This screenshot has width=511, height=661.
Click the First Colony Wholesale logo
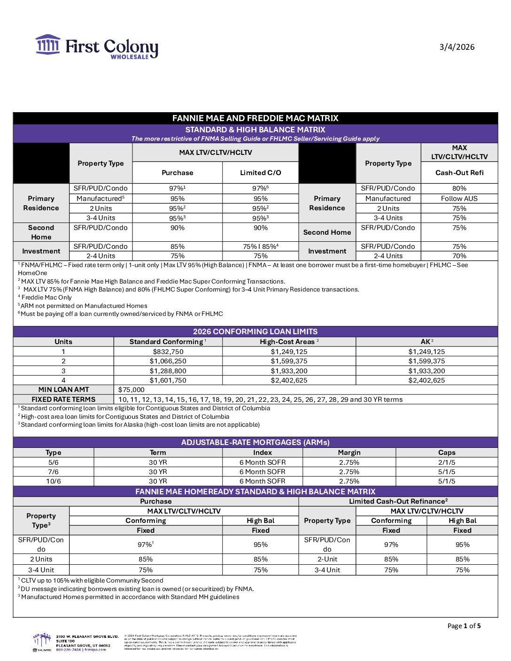coord(97,47)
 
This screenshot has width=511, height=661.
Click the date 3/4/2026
coord(457,47)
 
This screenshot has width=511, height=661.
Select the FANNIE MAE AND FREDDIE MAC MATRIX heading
coord(255,118)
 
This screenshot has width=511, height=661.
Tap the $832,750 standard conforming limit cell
coord(168,352)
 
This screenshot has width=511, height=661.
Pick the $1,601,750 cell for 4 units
coord(168,380)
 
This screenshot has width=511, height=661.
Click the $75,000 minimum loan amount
coord(132,390)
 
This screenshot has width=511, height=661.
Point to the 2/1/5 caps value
coord(446,462)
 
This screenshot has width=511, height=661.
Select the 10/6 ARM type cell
coord(53,481)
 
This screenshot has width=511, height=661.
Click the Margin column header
coord(349,453)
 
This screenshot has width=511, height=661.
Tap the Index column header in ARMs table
coord(262,453)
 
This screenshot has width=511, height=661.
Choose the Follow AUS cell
coord(459,199)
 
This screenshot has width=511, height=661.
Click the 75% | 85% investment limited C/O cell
coord(260,246)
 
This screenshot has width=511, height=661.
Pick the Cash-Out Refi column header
coord(459,173)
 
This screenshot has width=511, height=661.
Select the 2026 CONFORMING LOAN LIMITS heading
coord(255,331)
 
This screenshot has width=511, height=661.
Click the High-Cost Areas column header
coord(289,342)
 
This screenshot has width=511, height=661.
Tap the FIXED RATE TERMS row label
coord(63,400)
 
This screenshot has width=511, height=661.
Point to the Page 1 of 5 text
coord(464,626)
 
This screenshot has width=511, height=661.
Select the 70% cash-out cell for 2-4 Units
coord(459,256)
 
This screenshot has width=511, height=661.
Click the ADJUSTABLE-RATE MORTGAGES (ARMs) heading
coord(255,442)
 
